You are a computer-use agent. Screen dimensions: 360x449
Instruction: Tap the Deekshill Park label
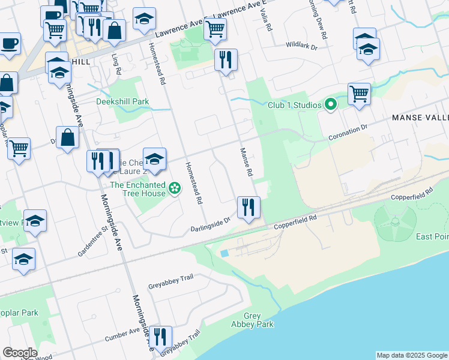(x=122, y=101)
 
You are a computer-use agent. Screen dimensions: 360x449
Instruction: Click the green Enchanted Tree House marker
(x=175, y=189)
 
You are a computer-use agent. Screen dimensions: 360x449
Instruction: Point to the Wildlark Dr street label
(x=301, y=45)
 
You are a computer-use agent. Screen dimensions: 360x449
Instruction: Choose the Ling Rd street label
(x=116, y=64)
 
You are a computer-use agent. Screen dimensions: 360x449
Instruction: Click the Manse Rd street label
(x=246, y=162)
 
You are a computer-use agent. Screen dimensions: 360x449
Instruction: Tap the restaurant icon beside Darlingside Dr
(x=249, y=207)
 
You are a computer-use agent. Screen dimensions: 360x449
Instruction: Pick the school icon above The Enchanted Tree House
(x=154, y=158)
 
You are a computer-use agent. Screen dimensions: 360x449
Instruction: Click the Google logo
(x=20, y=353)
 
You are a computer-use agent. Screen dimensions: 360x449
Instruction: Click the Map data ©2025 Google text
(x=412, y=355)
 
